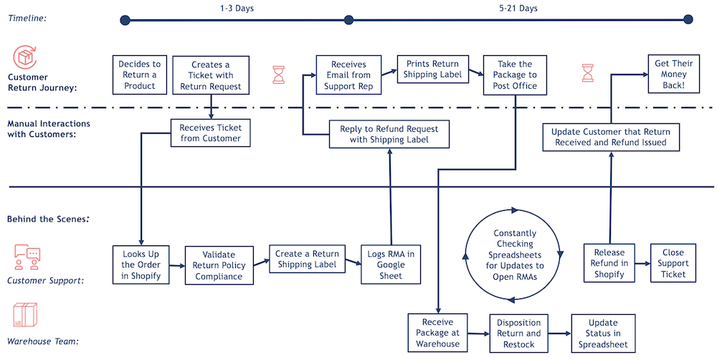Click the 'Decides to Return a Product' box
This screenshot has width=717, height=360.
coord(139,75)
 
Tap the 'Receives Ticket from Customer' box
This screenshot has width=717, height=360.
coord(210,133)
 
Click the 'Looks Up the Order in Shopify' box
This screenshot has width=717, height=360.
coord(141,263)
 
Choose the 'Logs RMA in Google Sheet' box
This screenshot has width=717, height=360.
coord(391,263)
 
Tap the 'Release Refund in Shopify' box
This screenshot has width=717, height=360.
coord(609,263)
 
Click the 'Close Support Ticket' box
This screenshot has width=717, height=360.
coord(673,263)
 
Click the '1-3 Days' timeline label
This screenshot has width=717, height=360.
coord(237,9)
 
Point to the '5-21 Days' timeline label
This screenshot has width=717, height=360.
coord(518,9)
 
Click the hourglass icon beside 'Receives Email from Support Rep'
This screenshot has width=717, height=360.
coord(278,75)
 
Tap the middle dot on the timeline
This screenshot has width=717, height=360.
coord(349,20)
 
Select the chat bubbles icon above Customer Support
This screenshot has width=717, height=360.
coord(28,254)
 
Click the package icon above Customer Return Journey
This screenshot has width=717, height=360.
coord(26,57)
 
